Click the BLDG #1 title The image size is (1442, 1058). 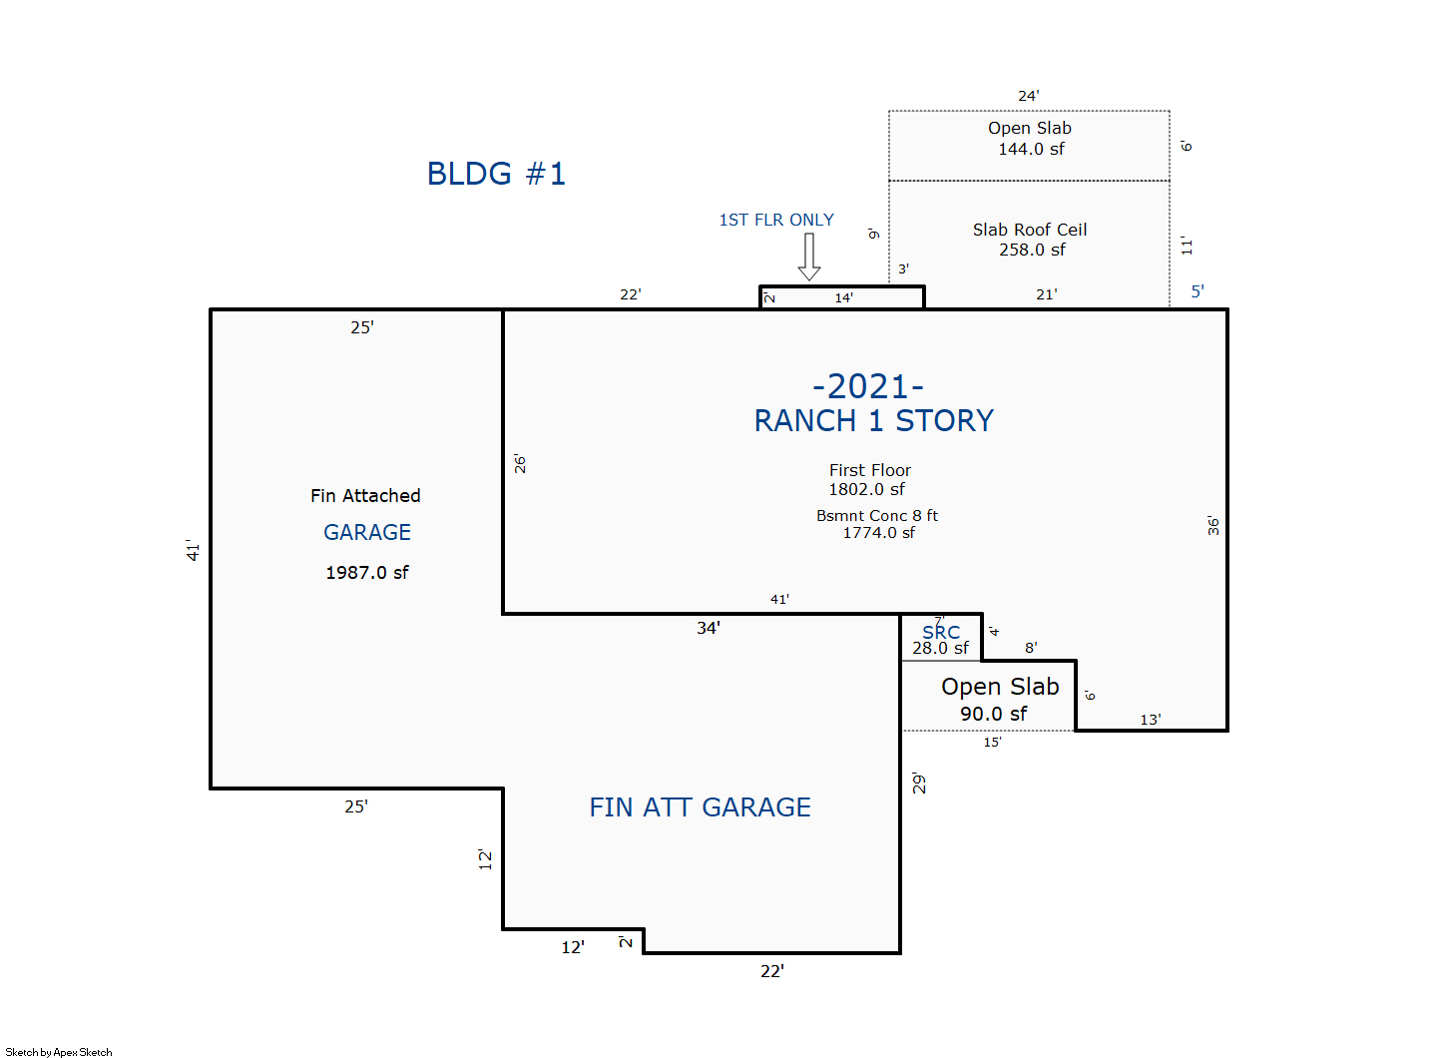coord(496,174)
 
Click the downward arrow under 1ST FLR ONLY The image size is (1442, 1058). coord(809,258)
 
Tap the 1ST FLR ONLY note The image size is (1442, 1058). coord(776,220)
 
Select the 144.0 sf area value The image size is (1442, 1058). coord(1031,149)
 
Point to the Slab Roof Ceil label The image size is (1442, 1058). coord(1030,230)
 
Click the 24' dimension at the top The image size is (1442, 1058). coord(1028,96)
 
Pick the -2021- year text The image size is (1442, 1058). coord(868,386)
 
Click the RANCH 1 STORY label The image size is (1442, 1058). coord(873,421)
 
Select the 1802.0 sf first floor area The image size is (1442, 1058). coord(866,489)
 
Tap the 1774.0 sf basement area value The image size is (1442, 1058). coord(878,533)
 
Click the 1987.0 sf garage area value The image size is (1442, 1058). coord(366,573)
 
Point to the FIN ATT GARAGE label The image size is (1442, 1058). coord(700,807)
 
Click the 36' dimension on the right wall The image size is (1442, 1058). coord(1213,526)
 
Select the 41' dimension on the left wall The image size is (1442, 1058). coord(193,550)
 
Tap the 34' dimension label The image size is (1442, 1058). coord(708,628)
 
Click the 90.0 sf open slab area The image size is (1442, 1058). coord(993,714)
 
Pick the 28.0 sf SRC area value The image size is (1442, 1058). coord(940,648)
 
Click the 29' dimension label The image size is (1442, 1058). coord(919,784)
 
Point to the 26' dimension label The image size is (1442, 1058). coord(520,464)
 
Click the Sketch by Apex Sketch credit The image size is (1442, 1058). coord(59,1052)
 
